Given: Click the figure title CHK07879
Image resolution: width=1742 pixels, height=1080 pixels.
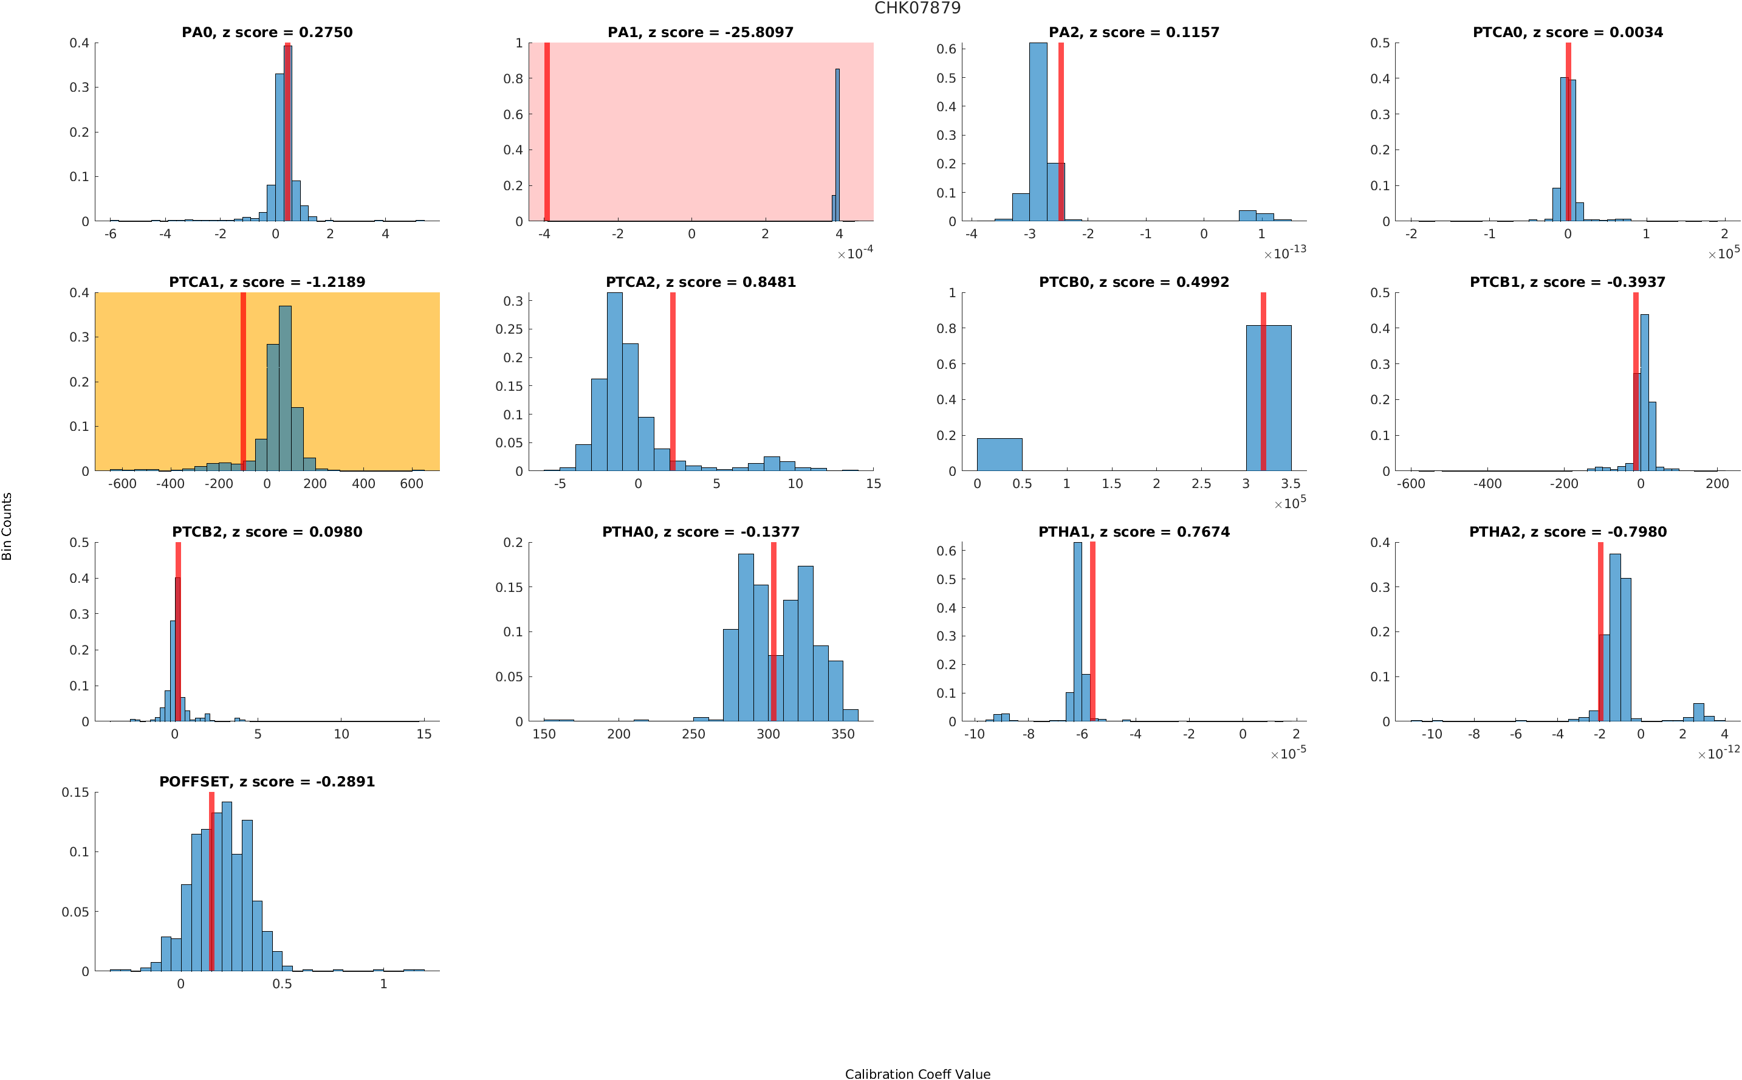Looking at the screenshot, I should point(917,8).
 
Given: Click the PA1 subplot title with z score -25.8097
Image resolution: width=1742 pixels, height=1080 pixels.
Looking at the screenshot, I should point(700,32).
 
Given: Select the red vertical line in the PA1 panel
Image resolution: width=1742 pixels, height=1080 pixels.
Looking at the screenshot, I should point(547,132).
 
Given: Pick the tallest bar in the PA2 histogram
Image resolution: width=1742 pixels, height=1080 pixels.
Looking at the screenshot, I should point(1038,132).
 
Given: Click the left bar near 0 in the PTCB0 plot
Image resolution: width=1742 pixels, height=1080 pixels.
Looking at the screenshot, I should point(999,454).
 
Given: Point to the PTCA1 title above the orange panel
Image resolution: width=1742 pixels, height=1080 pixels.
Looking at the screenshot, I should point(267,282).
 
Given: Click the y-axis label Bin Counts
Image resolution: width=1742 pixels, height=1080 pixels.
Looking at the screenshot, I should point(7,526).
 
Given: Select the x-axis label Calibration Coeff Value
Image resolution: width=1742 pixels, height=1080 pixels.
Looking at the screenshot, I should point(917,1073).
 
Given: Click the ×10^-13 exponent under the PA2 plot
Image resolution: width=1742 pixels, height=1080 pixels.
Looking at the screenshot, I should point(1284,253).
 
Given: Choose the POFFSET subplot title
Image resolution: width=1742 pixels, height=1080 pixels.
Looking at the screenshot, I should point(267,782).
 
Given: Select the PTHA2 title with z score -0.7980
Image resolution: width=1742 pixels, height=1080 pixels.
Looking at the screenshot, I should point(1567,532).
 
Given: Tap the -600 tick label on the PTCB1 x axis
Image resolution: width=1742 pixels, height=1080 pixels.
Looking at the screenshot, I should point(1410,484).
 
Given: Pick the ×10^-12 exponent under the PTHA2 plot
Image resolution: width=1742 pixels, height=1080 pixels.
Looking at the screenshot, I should point(1718,753).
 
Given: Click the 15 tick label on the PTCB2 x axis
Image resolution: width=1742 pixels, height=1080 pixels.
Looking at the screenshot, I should point(423,734).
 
